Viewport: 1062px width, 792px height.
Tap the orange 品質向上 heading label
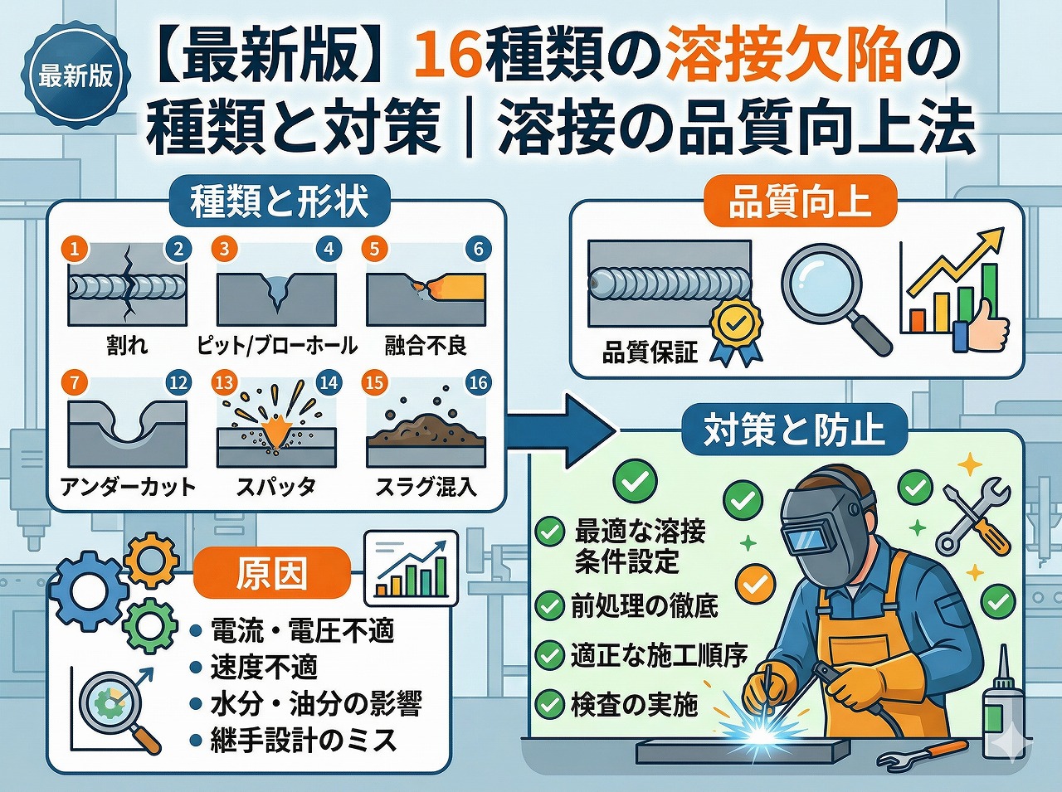pos(800,202)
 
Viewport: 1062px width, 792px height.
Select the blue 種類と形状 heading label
pos(279,202)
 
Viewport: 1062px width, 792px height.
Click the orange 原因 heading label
pos(271,573)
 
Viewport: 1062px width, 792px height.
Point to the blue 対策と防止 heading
pos(794,430)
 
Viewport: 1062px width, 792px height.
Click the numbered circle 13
pos(224,382)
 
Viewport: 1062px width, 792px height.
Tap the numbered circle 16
pos(478,382)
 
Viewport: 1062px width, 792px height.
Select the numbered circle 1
pos(76,248)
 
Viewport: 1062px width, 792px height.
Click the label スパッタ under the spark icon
pos(275,487)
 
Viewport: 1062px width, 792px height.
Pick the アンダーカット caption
pos(128,487)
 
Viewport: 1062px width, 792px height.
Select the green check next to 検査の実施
pos(549,704)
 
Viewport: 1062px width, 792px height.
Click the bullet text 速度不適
pos(264,667)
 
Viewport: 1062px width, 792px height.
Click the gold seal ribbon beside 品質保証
pos(735,331)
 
